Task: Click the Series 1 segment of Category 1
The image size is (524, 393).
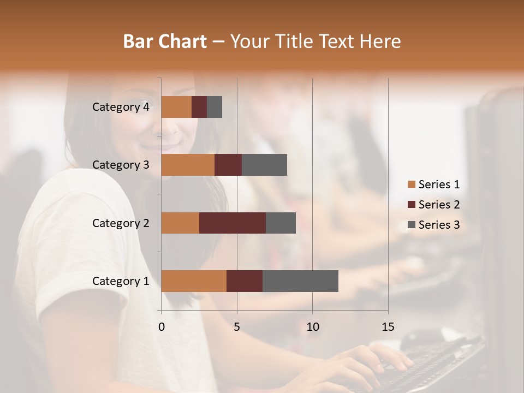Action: [x=194, y=281]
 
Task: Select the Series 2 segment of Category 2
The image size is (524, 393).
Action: [x=233, y=223]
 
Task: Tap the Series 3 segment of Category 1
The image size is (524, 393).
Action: [x=300, y=281]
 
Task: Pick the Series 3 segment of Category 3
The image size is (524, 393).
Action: [x=264, y=165]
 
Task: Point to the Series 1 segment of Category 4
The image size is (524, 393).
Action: [x=176, y=107]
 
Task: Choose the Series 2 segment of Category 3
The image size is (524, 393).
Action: [x=228, y=165]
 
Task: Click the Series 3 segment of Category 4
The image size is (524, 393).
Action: [x=215, y=107]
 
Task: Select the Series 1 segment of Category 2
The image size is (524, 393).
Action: [x=180, y=223]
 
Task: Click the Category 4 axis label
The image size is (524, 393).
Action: [x=121, y=107]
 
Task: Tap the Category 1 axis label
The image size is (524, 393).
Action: [x=121, y=281]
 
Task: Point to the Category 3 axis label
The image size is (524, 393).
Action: [x=121, y=165]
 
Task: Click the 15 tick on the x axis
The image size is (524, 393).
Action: [x=388, y=327]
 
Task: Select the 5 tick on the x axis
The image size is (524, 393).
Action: [x=237, y=327]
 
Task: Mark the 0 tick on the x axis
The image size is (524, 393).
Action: [x=162, y=327]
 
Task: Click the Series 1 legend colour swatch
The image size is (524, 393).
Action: [x=411, y=184]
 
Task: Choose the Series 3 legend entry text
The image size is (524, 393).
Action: [x=439, y=225]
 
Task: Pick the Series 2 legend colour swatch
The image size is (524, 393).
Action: [x=411, y=205]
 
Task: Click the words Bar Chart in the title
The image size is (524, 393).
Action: [x=165, y=41]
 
